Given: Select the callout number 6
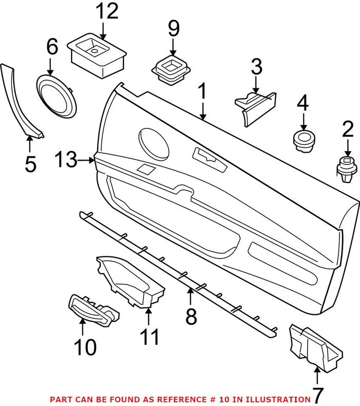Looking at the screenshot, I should [51, 47].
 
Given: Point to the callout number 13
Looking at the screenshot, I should [66, 160].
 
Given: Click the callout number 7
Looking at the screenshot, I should [317, 396].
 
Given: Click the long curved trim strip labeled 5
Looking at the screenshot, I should [21, 98].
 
